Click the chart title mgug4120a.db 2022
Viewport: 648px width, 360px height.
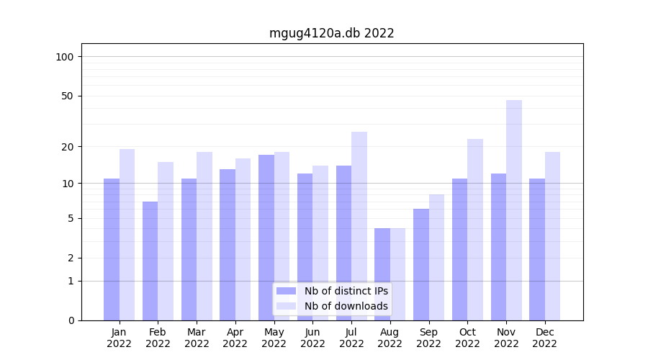click(x=331, y=33)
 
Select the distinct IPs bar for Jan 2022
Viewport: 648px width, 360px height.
click(x=112, y=249)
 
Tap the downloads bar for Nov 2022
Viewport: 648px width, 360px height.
click(x=514, y=210)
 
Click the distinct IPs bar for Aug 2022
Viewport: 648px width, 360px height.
click(x=382, y=274)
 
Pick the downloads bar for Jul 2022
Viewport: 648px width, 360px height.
click(x=359, y=226)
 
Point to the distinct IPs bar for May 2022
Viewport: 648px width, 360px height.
click(x=266, y=238)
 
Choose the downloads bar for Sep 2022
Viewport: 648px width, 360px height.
click(x=436, y=257)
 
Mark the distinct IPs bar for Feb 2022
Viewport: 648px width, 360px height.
click(x=150, y=261)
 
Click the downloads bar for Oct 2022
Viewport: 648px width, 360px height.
click(x=475, y=230)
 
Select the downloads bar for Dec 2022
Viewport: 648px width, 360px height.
click(x=552, y=236)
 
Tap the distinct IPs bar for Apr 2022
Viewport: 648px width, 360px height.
click(x=228, y=245)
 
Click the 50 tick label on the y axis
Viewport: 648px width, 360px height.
click(x=68, y=96)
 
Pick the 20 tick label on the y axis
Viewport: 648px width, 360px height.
click(x=68, y=147)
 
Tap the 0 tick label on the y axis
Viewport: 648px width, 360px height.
click(x=71, y=320)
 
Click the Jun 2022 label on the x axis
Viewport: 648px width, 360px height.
click(x=312, y=338)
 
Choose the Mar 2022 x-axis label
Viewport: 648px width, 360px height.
click(x=197, y=338)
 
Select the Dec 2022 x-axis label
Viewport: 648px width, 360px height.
click(x=545, y=338)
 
